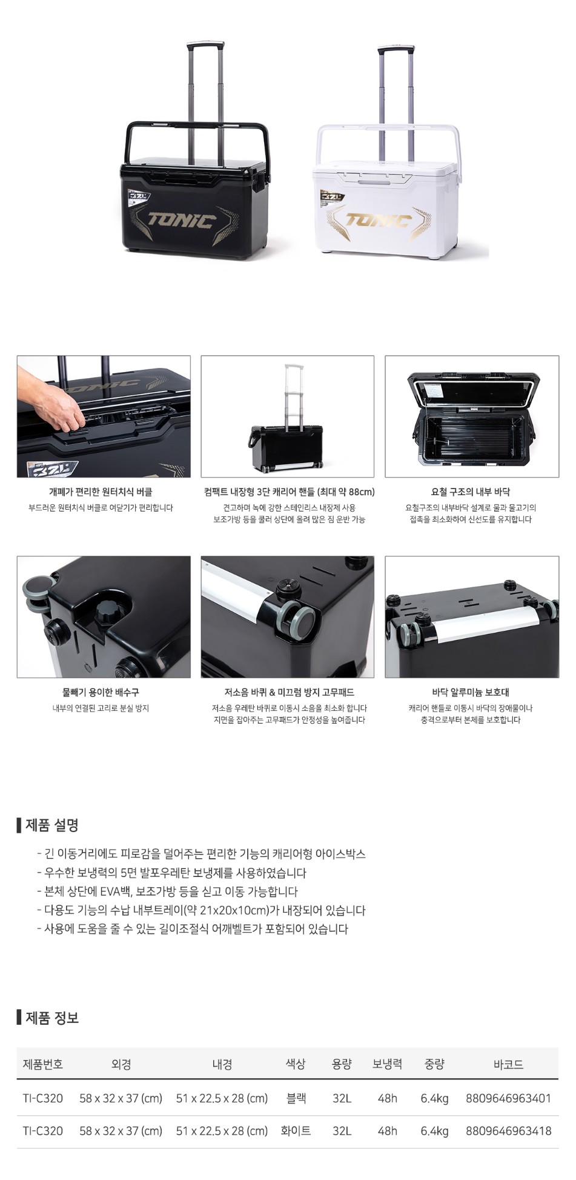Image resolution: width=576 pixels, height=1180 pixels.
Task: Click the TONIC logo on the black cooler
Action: [x=181, y=220]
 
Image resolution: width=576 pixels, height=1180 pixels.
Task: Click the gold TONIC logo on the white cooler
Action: [x=378, y=219]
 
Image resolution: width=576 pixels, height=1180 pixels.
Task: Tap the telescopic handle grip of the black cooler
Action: [x=205, y=45]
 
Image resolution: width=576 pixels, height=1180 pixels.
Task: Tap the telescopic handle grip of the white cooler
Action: [x=396, y=48]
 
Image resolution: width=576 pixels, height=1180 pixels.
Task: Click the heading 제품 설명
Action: [x=52, y=825]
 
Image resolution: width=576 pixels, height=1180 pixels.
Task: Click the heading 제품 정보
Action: [x=52, y=1018]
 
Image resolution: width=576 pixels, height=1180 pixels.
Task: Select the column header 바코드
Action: [x=508, y=1064]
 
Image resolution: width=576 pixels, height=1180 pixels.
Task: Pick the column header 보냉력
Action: [x=387, y=1064]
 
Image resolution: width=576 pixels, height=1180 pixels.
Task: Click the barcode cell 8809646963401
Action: [x=508, y=1098]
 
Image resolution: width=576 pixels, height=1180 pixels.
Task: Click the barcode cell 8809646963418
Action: [x=508, y=1130]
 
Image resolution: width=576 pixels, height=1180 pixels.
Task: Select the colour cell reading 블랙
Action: [x=296, y=1098]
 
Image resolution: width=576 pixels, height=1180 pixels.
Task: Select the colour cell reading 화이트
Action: [x=296, y=1130]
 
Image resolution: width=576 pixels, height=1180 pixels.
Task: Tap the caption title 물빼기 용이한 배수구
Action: [x=101, y=692]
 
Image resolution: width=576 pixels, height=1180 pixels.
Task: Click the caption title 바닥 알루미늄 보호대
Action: [x=471, y=692]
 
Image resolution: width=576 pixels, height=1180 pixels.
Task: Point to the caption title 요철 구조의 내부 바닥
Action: [x=471, y=492]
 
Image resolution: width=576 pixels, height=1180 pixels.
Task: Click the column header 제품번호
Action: [x=43, y=1064]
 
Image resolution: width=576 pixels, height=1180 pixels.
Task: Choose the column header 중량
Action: [x=434, y=1064]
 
